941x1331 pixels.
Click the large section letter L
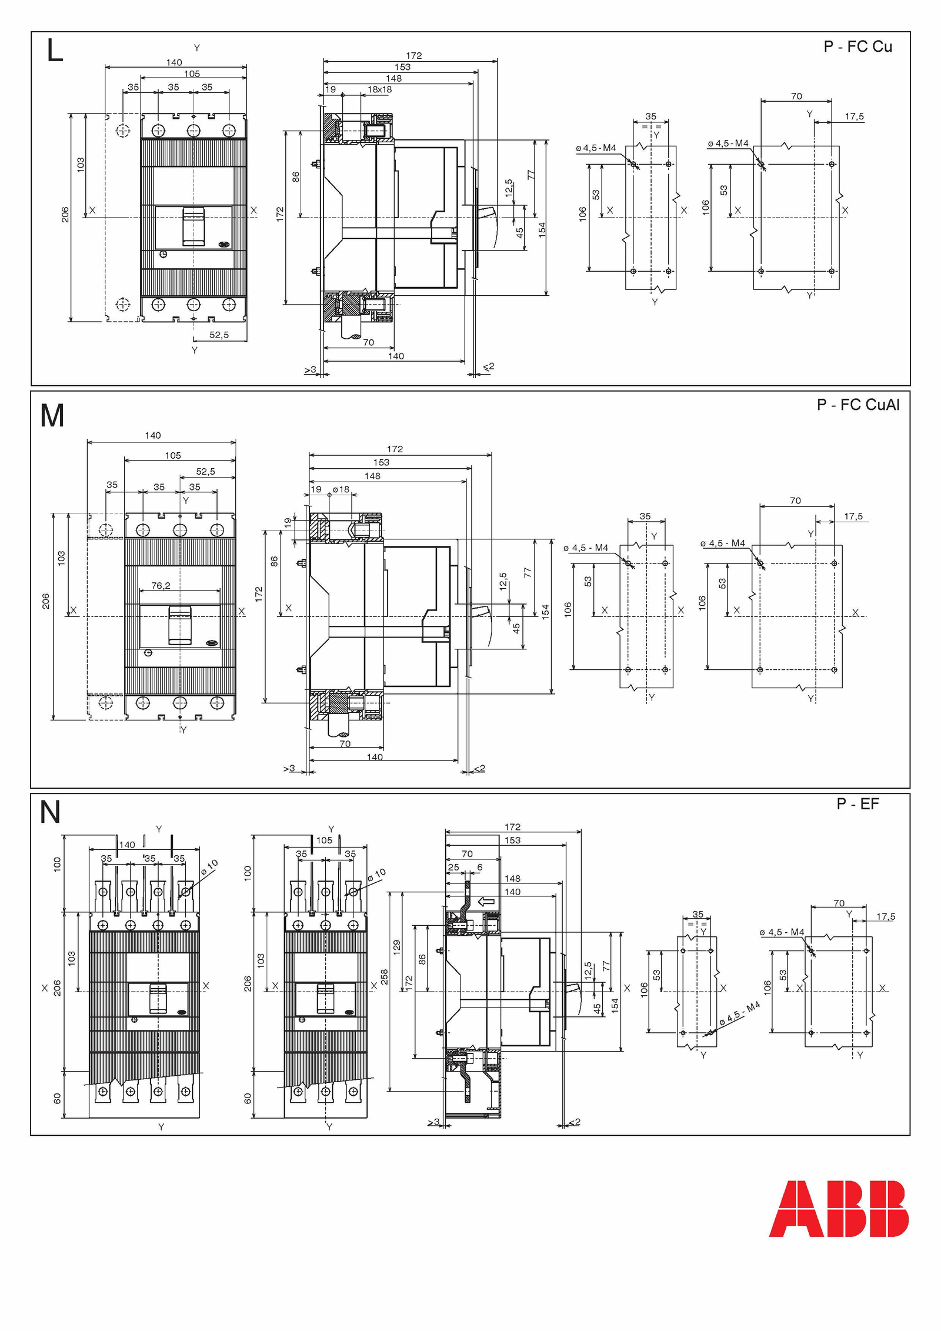click(x=55, y=51)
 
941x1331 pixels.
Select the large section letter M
click(x=52, y=416)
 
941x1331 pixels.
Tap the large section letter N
click(x=50, y=812)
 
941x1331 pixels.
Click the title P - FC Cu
click(x=858, y=47)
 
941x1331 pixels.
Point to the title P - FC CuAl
click(x=858, y=405)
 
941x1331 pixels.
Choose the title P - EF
click(x=857, y=804)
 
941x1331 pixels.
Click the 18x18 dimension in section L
click(x=379, y=89)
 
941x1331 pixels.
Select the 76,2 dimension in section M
click(x=161, y=586)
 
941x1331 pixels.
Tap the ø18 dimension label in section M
click(x=341, y=489)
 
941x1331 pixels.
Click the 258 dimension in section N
click(x=384, y=977)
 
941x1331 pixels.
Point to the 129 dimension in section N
click(x=397, y=946)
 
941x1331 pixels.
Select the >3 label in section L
click(x=310, y=369)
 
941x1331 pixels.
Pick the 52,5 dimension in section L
click(x=219, y=335)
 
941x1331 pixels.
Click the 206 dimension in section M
click(x=46, y=601)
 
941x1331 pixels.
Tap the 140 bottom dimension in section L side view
click(x=396, y=356)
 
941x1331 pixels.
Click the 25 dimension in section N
click(x=453, y=867)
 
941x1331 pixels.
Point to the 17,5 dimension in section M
click(x=853, y=516)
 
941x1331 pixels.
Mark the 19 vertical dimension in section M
click(x=288, y=522)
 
